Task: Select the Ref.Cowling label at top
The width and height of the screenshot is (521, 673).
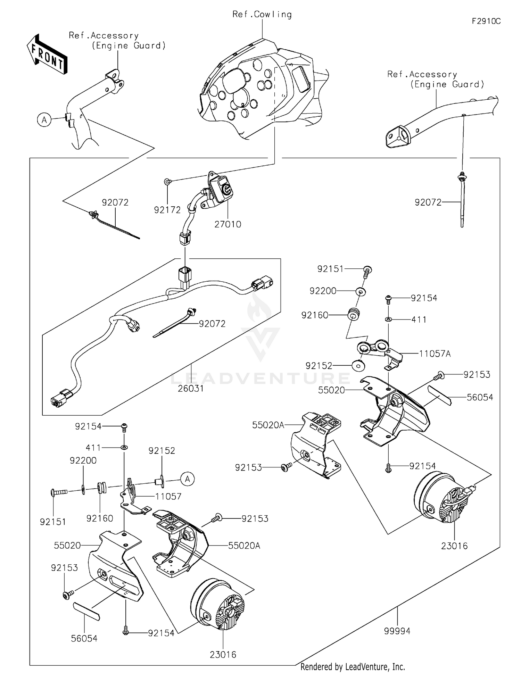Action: pos(262,15)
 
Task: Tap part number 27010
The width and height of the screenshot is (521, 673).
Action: pos(228,225)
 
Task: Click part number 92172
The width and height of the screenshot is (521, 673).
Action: pos(167,210)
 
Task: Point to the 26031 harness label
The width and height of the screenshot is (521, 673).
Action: pos(191,389)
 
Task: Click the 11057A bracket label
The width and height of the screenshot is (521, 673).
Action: pos(435,354)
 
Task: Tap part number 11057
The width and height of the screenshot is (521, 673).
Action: pos(168,497)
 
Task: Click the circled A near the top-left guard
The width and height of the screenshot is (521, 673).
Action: pos(44,120)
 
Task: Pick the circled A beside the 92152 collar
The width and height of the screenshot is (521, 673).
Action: pos(188,479)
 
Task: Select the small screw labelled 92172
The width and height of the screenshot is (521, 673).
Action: pos(167,181)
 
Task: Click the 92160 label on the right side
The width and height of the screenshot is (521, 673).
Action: pos(315,315)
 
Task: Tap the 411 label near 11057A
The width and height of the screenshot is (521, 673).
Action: pos(419,319)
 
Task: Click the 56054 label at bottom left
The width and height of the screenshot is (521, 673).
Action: pos(84,638)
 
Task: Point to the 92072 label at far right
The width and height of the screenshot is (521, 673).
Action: pos(428,202)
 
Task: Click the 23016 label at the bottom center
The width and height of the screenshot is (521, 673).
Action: pos(223,655)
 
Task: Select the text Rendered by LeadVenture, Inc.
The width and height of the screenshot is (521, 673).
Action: pos(353,667)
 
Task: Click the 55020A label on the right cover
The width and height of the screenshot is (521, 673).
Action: pos(268,425)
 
